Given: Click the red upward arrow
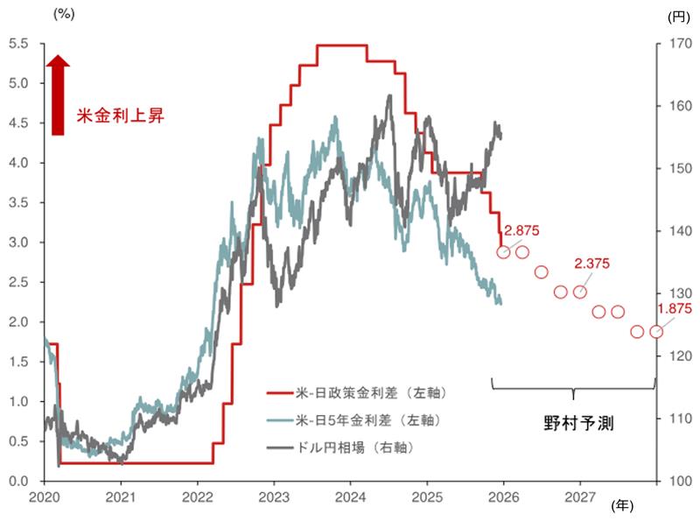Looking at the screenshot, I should [x=58, y=95].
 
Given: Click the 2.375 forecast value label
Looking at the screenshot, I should [x=591, y=263].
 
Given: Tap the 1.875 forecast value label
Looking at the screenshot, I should [x=675, y=308].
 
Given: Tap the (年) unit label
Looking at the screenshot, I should [x=623, y=505].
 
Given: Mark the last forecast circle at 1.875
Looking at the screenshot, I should [x=656, y=332].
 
